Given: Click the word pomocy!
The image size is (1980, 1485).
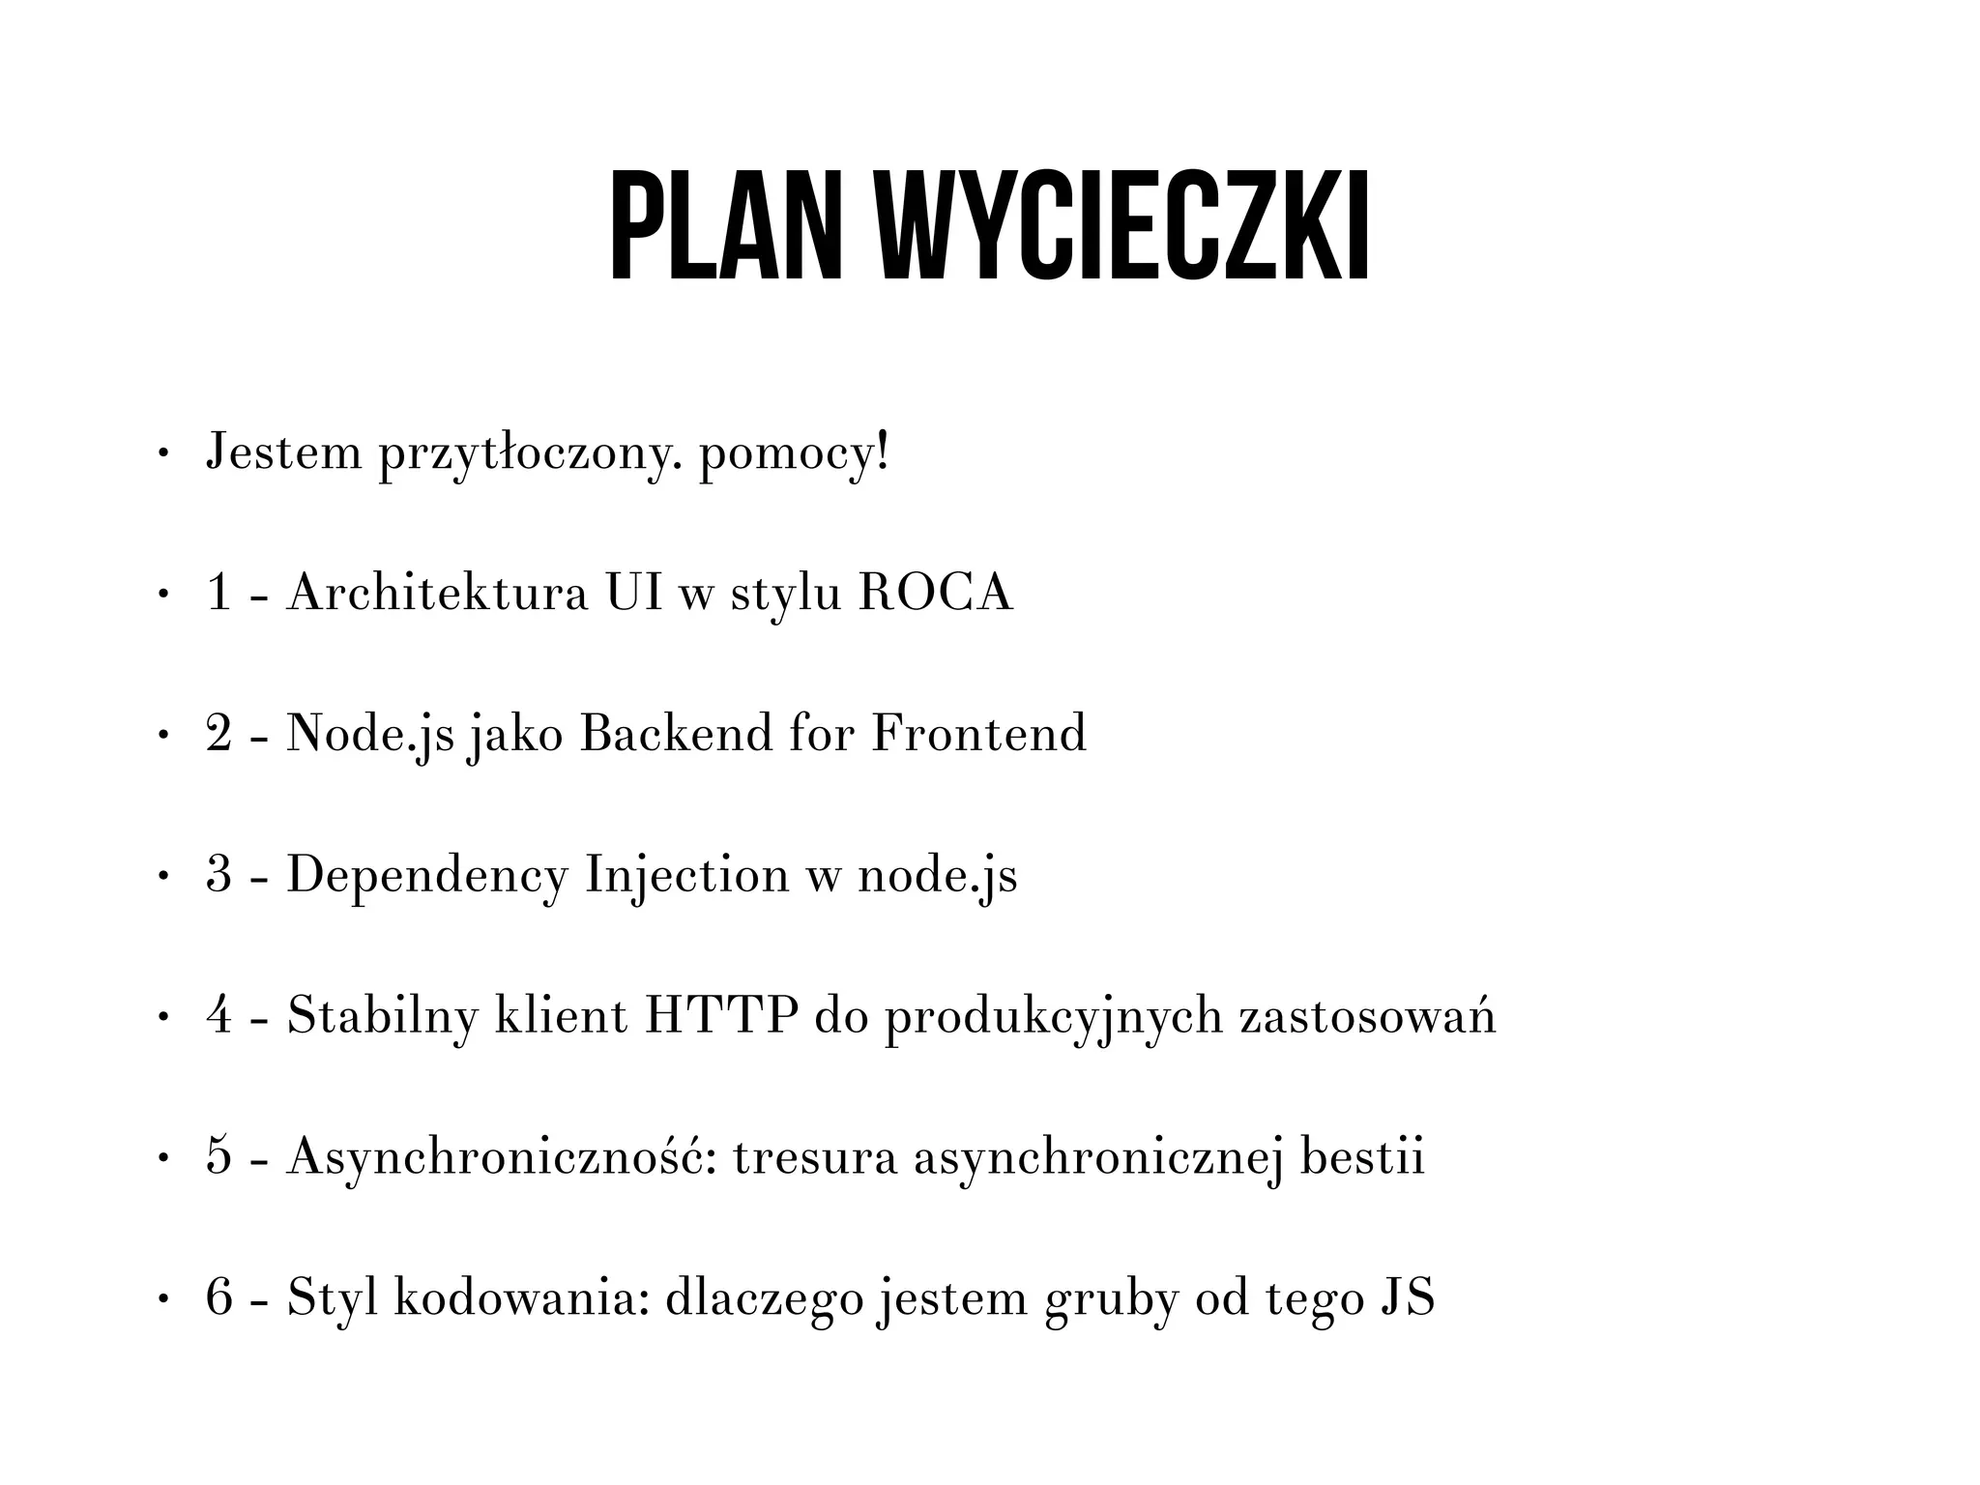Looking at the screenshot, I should [793, 454].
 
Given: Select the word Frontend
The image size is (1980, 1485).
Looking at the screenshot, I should [978, 733].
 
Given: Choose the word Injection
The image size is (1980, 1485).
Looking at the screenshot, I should [687, 876].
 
